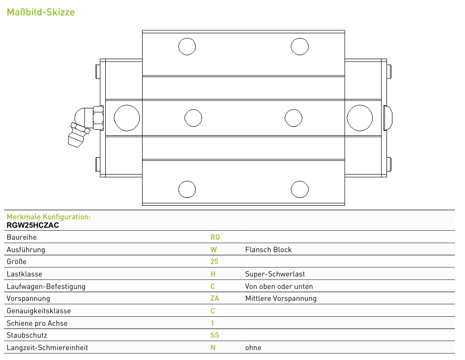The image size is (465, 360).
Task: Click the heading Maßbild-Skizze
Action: (x=41, y=12)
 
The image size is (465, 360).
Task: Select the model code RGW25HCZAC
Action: (x=33, y=225)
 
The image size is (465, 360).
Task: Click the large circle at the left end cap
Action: (x=127, y=118)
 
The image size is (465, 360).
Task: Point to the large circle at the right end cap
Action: (x=360, y=118)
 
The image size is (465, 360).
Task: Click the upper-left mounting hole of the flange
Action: (x=187, y=46)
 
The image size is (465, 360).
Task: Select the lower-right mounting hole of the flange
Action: (x=300, y=189)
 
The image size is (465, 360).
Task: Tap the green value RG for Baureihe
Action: (x=215, y=237)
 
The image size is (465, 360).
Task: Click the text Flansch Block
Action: (x=268, y=250)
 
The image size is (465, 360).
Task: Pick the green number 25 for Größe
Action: (x=214, y=262)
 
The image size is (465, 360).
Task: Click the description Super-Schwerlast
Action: (x=275, y=274)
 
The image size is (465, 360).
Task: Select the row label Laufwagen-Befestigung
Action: (x=46, y=286)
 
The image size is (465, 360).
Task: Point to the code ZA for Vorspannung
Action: (x=215, y=298)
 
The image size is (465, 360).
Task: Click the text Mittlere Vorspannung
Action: (x=281, y=298)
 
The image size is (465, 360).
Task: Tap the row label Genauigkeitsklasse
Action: (x=39, y=311)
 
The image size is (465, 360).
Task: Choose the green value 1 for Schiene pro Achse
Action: (x=212, y=323)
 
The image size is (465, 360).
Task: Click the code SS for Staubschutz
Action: (x=215, y=335)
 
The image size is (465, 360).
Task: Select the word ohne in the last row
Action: (x=253, y=348)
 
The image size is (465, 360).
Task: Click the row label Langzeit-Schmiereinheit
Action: (x=47, y=348)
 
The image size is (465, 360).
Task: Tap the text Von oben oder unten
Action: (x=279, y=286)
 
